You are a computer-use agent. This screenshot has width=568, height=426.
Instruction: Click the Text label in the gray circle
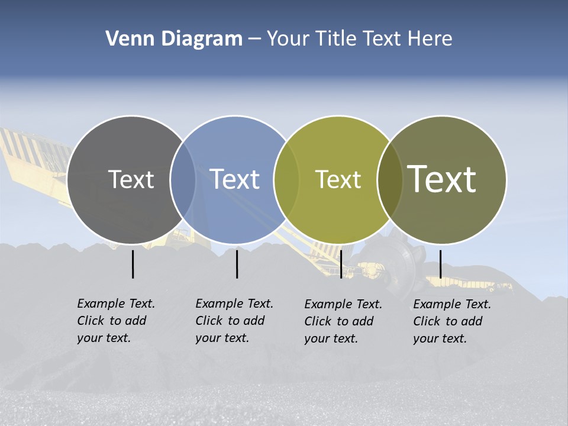131,179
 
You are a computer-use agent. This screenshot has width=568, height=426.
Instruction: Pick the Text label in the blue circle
234,179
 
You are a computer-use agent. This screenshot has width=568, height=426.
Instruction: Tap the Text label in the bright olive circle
338,179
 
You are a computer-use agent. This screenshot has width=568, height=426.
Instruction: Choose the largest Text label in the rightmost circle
442,179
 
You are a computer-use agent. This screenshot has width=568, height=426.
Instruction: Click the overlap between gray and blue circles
183,180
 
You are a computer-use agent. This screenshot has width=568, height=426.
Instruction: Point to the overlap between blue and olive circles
286,180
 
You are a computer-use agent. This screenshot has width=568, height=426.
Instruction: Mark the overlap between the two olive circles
389,180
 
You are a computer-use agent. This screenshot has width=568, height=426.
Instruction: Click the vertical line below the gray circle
133,264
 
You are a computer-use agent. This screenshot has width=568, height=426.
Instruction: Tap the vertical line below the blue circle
237,264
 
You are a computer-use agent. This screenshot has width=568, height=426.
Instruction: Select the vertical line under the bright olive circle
341,264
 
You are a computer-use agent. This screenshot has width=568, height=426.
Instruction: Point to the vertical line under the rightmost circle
440,264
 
